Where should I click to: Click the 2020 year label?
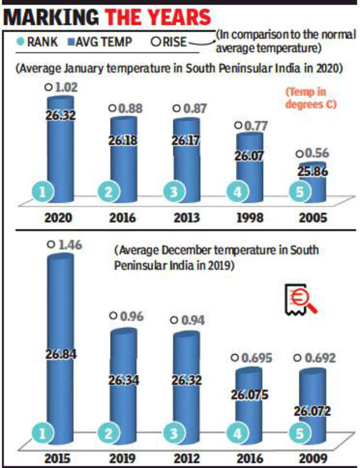[x=59, y=218]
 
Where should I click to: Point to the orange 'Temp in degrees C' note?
[x=311, y=98]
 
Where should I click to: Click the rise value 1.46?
[x=62, y=245]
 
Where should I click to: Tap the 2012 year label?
[x=186, y=456]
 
